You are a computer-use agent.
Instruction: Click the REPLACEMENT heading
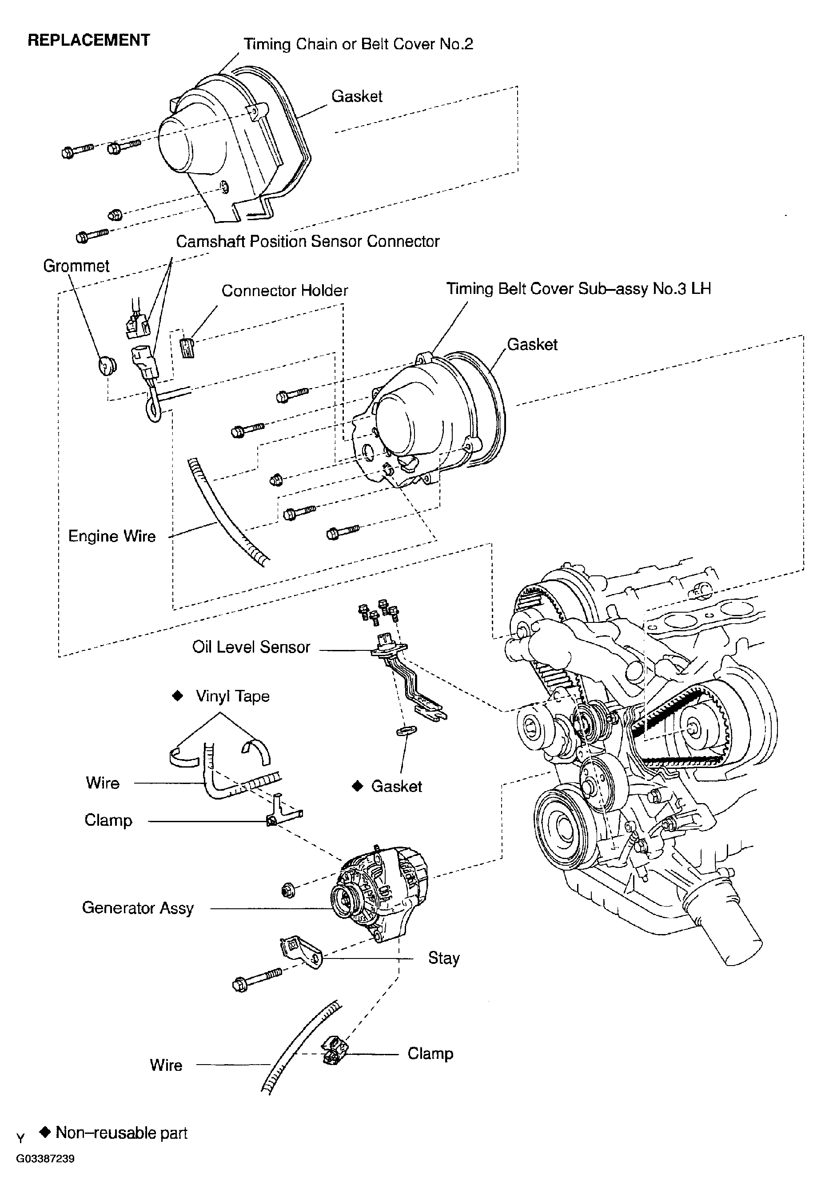point(88,40)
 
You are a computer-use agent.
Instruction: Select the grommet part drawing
point(107,365)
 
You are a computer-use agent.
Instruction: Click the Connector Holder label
point(284,291)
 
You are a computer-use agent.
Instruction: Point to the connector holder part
point(187,348)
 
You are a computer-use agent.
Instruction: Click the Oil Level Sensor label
point(251,647)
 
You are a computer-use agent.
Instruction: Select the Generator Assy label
point(138,908)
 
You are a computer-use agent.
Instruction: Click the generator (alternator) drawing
point(379,895)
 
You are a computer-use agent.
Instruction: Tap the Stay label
point(443,958)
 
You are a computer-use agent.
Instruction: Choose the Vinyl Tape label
point(232,696)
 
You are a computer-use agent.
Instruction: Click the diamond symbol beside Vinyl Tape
point(177,696)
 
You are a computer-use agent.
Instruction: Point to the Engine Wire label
point(112,536)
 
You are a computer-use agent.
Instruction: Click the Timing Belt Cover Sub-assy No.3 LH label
point(578,289)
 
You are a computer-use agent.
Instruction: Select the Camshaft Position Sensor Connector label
point(307,242)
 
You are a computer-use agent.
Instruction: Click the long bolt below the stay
point(257,979)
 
